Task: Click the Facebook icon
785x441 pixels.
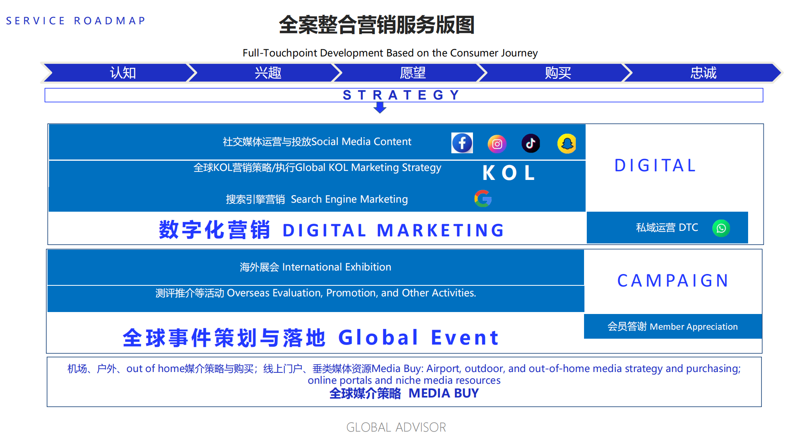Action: (x=462, y=143)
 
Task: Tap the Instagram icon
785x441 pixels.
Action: (x=497, y=144)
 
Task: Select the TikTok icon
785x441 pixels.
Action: (x=531, y=143)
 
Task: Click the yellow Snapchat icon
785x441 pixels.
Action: (x=567, y=143)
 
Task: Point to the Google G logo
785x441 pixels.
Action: (x=483, y=198)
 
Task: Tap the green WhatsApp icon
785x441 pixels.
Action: (x=721, y=228)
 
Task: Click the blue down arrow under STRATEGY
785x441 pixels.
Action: (x=380, y=107)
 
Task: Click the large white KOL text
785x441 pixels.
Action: (x=509, y=173)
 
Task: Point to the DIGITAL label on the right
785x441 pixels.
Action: (x=655, y=165)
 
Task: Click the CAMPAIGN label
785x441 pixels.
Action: (x=673, y=281)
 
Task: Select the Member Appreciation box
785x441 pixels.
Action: (x=673, y=326)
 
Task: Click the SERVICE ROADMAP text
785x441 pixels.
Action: (x=75, y=21)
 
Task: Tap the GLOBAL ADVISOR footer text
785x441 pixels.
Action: (x=396, y=427)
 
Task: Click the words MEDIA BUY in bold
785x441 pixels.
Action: (x=444, y=393)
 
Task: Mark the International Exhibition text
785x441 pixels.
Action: (x=337, y=267)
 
